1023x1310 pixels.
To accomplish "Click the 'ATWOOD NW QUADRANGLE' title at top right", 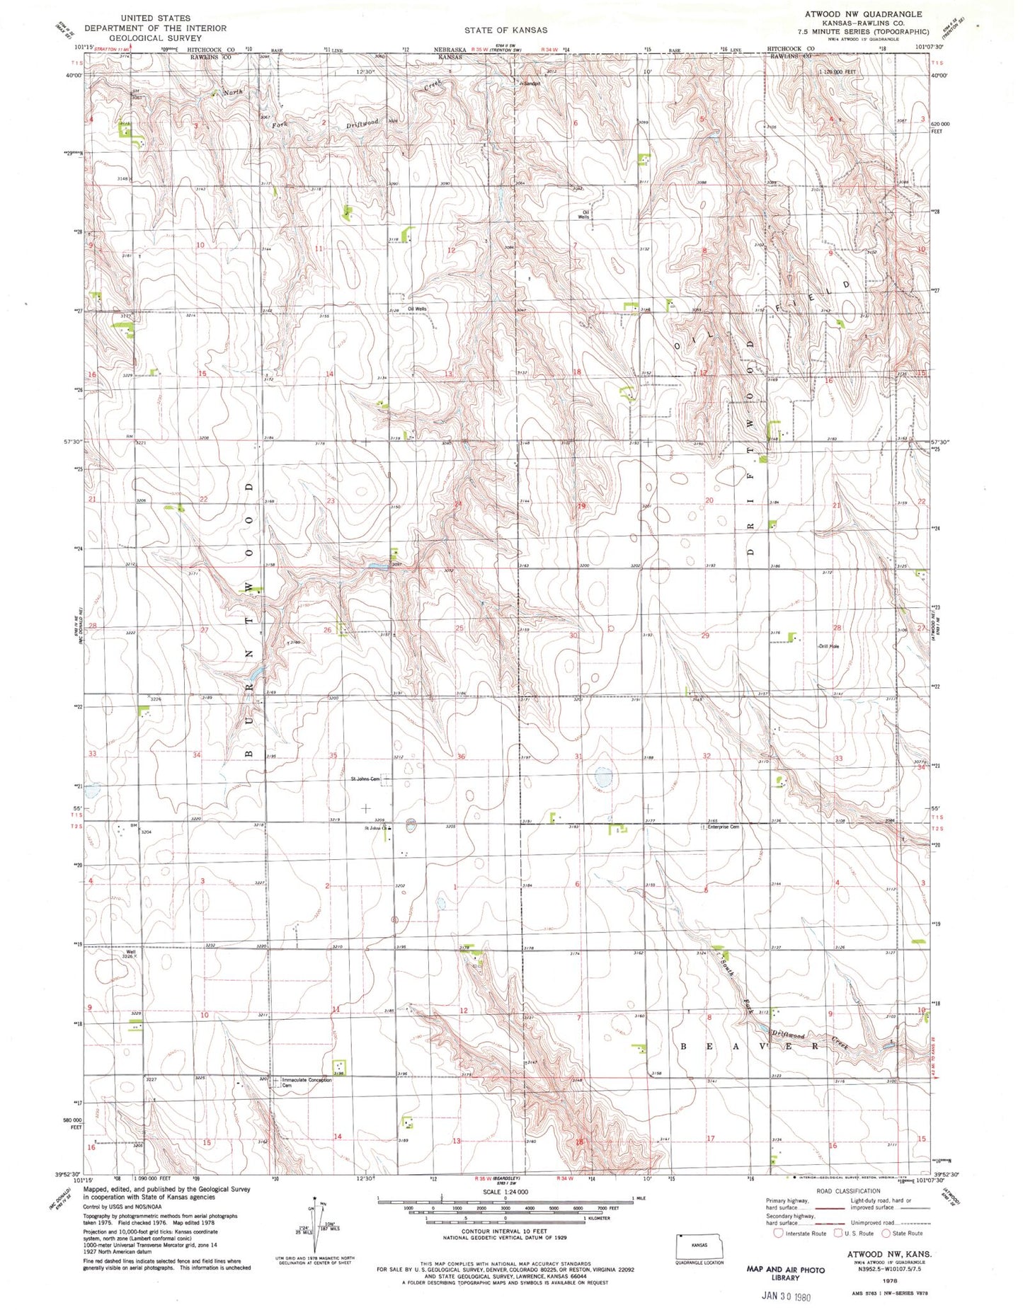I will [863, 14].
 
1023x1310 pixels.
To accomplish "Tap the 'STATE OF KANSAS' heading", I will [505, 30].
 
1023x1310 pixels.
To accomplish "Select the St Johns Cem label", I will [365, 779].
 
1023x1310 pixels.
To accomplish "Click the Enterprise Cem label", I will [724, 827].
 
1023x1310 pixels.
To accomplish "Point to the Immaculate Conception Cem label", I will [307, 1082].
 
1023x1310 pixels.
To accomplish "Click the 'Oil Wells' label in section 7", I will [585, 214].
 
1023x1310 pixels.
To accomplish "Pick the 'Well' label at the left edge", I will [130, 952].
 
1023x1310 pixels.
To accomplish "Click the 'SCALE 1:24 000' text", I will [505, 1192].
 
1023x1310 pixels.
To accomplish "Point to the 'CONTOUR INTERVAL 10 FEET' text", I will [505, 1231].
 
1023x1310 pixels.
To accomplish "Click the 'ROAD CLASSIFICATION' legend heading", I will [847, 1191].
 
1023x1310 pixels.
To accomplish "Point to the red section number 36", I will [461, 757].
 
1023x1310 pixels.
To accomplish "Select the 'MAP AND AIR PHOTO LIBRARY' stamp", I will [785, 1273].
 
